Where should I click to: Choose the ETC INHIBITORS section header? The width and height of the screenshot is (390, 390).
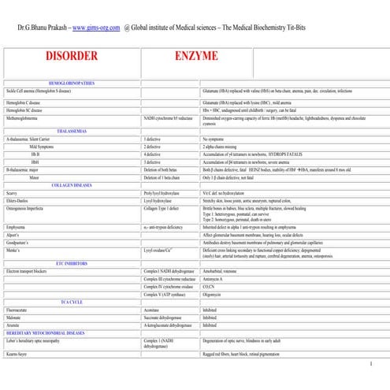pos(72,262)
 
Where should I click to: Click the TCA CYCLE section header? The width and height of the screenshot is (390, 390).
pos(72,300)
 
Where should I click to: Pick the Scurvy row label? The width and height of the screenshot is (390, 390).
pos(12,191)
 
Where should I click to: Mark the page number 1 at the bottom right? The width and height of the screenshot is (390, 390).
pos(370,365)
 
